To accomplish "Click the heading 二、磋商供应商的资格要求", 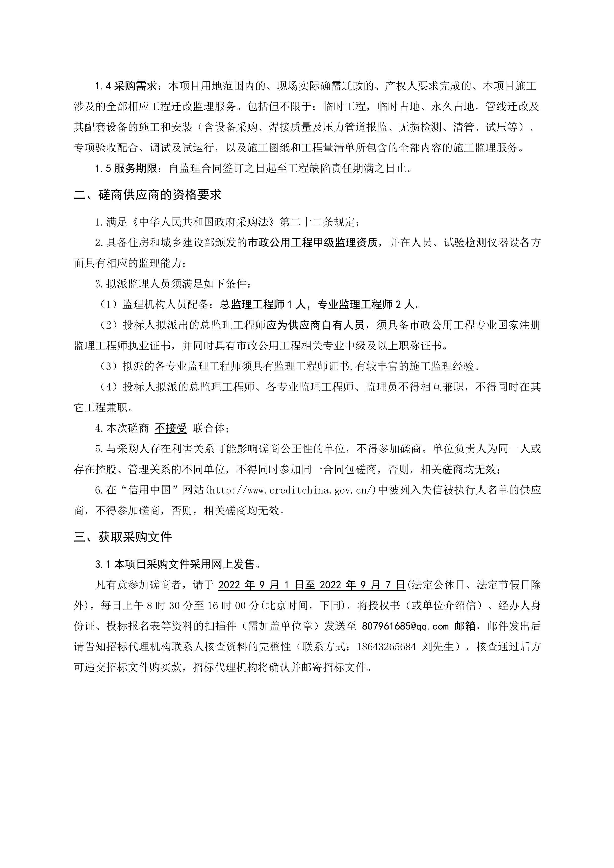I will point(148,195).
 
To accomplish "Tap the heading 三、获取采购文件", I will point(123,537).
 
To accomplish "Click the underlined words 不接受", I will point(171,428).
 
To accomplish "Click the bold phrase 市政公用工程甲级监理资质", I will point(312,243).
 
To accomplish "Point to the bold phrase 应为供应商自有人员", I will point(315,325).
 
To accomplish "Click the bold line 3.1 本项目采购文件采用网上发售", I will point(178,564).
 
